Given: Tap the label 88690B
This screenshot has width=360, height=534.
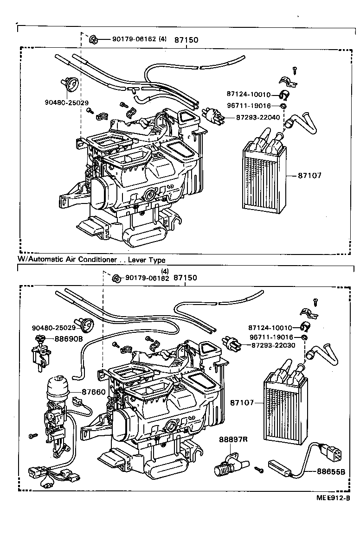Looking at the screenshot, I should [x=68, y=339].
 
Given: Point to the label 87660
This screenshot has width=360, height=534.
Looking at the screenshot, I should [x=94, y=392].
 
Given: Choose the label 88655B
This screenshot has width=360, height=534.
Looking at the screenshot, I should [x=331, y=471].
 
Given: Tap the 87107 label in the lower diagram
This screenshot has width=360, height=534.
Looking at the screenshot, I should [x=243, y=403].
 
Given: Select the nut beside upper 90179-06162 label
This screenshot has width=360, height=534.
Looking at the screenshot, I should [x=92, y=39].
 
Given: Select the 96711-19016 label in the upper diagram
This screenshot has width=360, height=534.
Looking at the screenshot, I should [x=255, y=106].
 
